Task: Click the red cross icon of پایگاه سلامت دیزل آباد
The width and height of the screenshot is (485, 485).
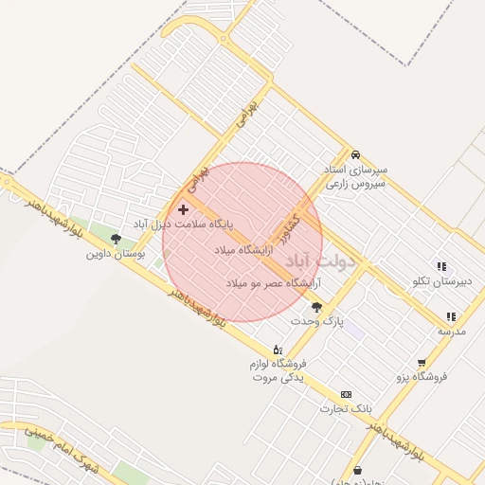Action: point(183,208)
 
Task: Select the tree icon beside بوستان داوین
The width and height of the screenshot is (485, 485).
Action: point(116,239)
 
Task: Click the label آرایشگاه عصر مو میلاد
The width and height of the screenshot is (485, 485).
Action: point(274,283)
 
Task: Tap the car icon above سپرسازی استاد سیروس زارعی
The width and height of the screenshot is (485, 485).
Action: point(355,154)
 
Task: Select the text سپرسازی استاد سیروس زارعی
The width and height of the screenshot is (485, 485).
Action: point(355,177)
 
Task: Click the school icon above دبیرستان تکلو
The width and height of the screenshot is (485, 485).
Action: point(440,266)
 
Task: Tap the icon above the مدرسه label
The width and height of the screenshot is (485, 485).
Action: point(451,316)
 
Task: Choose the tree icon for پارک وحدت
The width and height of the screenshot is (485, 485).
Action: point(316,307)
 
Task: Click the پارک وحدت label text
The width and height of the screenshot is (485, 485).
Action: point(316,322)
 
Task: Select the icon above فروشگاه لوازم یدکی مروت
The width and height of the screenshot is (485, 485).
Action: point(277,349)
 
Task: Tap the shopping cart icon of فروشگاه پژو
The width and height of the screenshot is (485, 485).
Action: point(422,362)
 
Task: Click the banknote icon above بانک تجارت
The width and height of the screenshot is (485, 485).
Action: point(346,394)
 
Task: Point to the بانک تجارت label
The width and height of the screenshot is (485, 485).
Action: point(347,409)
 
